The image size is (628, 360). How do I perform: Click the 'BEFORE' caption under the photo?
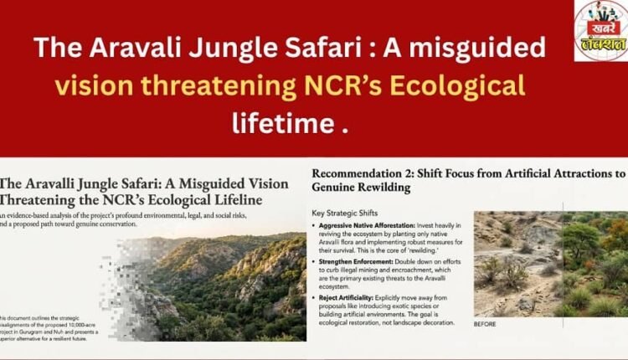pos(486,324)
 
